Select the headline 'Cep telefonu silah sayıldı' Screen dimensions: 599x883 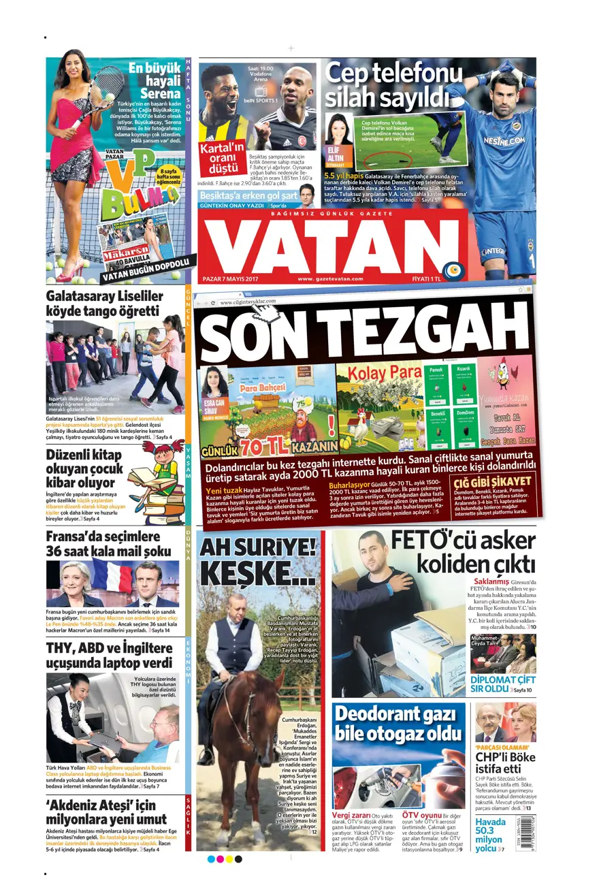point(385,84)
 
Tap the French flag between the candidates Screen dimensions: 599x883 point(112,575)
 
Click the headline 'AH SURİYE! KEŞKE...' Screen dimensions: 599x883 point(258,561)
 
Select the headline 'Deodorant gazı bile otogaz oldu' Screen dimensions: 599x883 point(398,724)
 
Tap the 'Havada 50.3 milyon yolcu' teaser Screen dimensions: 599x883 point(490,835)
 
